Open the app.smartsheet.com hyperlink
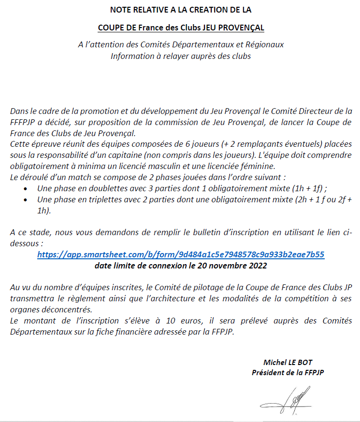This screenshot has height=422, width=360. click(180, 254)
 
